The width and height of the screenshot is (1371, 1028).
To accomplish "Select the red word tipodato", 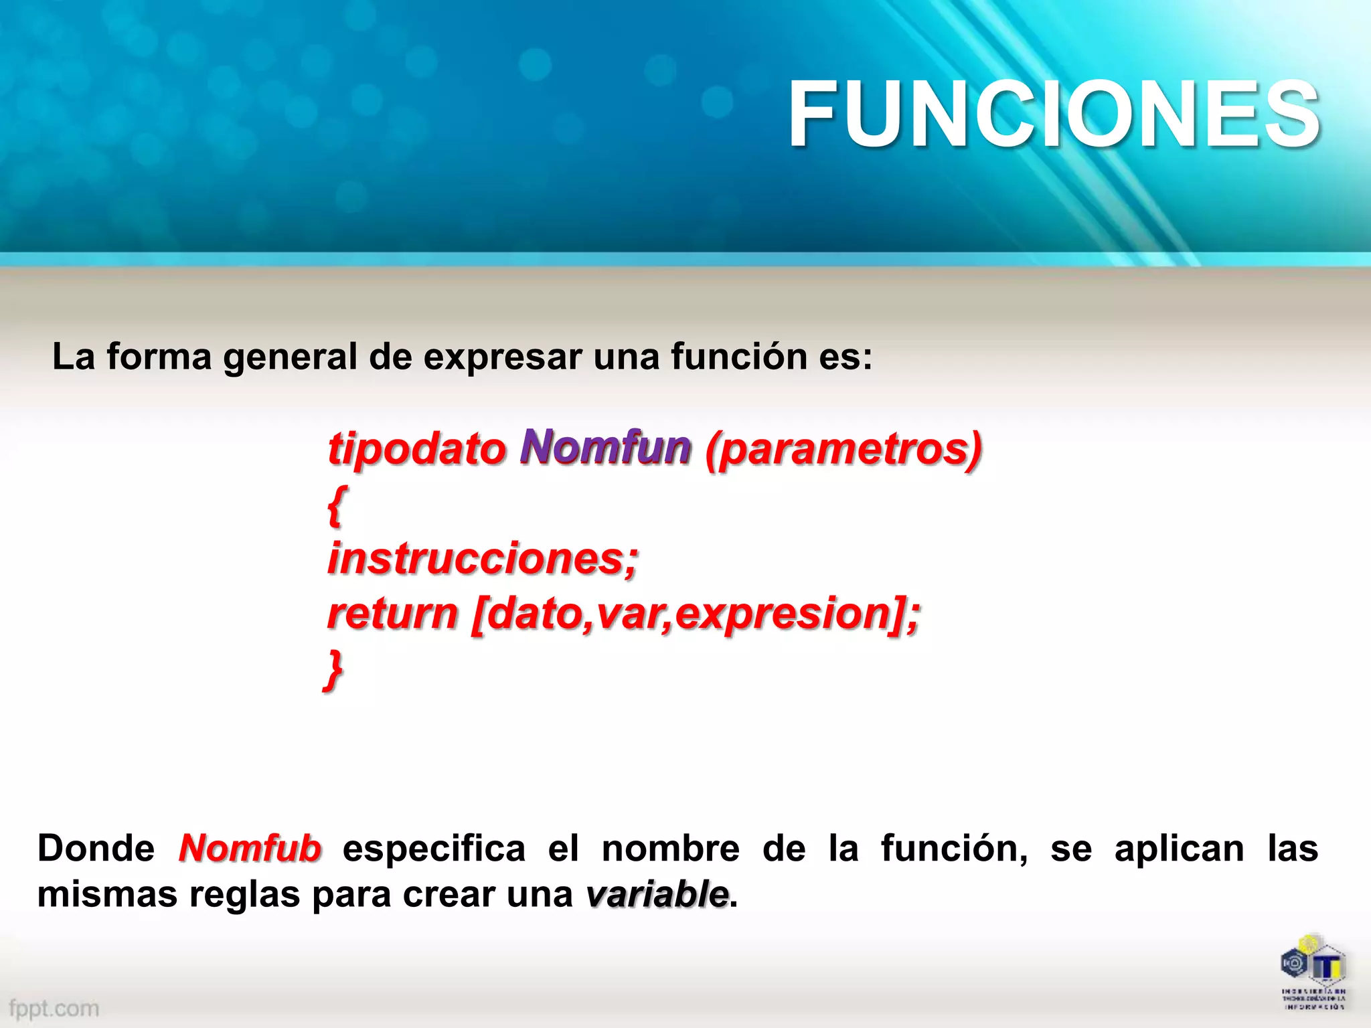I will (416, 450).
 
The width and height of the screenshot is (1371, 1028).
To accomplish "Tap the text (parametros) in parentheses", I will (843, 450).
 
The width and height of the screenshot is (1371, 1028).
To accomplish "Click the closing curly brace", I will (333, 669).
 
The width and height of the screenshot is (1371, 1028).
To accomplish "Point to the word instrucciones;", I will (483, 559).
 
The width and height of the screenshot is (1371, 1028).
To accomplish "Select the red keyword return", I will (393, 614).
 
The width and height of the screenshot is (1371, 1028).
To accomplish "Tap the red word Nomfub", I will (250, 849).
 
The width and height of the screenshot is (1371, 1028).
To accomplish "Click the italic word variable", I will (657, 894).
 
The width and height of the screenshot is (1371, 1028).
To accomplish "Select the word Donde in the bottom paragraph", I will (96, 849).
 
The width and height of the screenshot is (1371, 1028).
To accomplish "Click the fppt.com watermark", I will (54, 1008).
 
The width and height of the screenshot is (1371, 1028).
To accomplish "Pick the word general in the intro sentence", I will (290, 357).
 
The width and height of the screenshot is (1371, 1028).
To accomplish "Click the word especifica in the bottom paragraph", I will (434, 849).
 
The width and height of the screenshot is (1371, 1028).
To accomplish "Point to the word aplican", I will (1179, 849).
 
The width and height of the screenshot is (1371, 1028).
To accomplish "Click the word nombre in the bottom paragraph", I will (670, 849).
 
